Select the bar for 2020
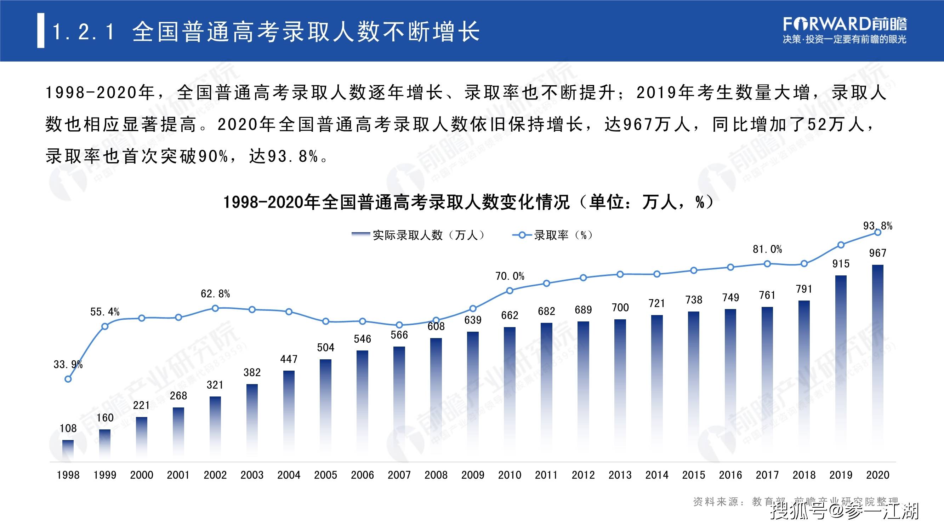877,363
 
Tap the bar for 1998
68,450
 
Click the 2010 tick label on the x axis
510,475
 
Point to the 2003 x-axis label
252,475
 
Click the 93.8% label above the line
878,226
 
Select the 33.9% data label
68,364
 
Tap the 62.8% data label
215,293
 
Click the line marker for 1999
105,326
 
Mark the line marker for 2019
841,245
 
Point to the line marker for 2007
399,325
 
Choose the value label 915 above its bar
841,264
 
